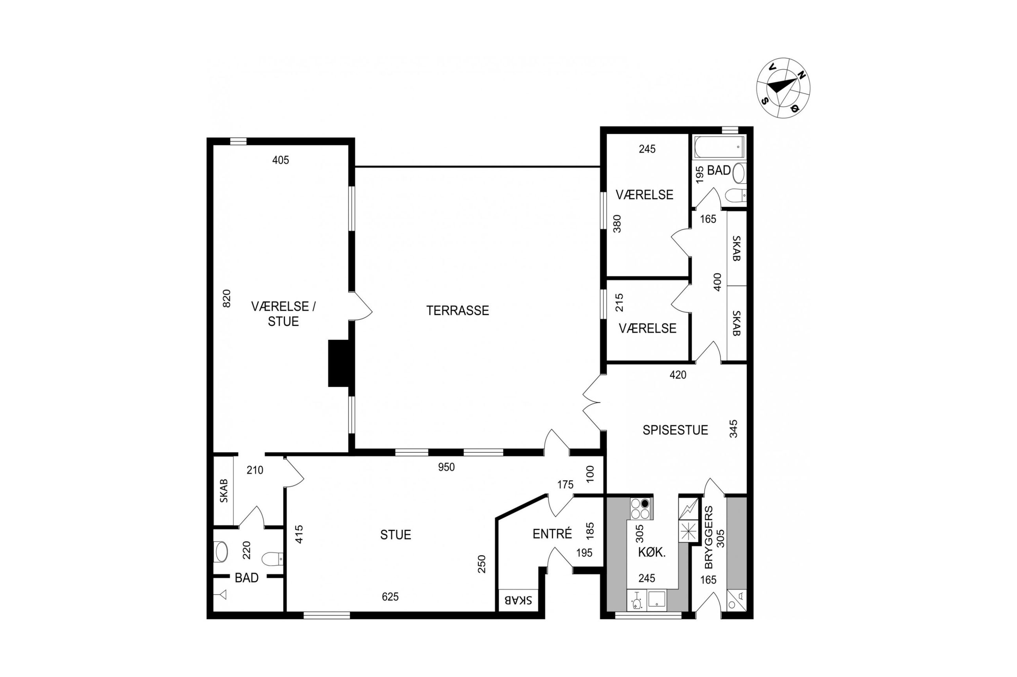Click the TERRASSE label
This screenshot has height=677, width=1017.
coord(457,311)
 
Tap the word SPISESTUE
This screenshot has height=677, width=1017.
coord(675,430)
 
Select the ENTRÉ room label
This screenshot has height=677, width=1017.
coord(552,534)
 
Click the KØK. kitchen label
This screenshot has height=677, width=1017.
coord(652,552)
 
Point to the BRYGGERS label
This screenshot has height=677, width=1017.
coord(709,537)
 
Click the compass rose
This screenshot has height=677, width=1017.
coord(783,88)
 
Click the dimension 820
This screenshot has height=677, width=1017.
coord(226,298)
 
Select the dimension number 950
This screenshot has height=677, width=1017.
coord(446,467)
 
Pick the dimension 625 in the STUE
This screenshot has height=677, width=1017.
coord(390,597)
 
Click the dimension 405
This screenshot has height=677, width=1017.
coord(280,160)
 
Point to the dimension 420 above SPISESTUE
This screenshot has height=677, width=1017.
coord(678,375)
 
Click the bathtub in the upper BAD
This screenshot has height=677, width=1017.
coord(719,147)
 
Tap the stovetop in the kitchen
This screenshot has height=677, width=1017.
coord(641,509)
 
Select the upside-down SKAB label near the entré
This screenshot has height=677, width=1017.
coord(518,600)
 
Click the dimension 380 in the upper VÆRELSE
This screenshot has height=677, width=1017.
coord(617,224)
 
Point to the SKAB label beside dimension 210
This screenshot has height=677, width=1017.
coord(223,491)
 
